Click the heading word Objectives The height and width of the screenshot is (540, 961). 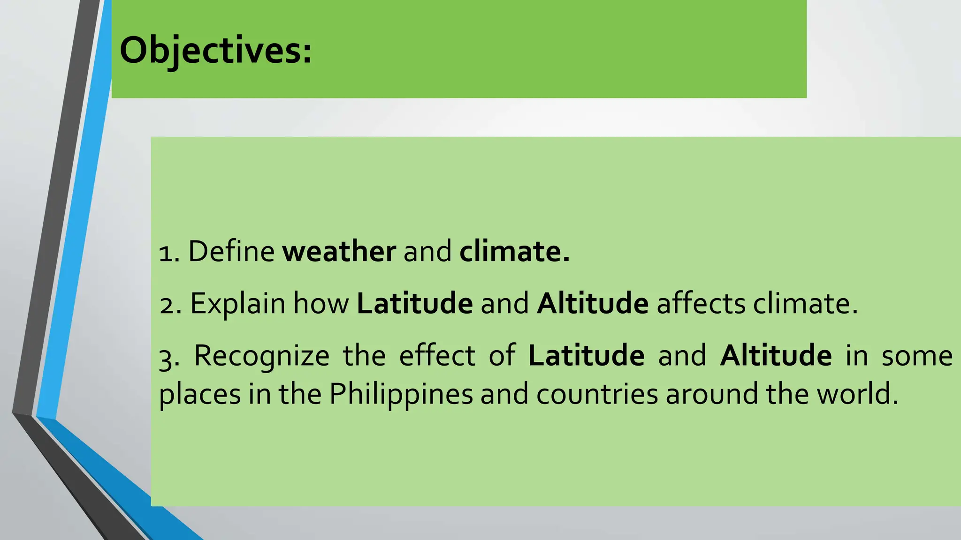pyautogui.click(x=215, y=51)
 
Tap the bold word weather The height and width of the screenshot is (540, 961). pyautogui.click(x=339, y=251)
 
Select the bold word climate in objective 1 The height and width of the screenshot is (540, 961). pyautogui.click(x=514, y=251)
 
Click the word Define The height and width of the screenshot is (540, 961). pyautogui.click(x=231, y=251)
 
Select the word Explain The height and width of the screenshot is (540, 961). pyautogui.click(x=237, y=304)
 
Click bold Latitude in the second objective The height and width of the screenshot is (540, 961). pyautogui.click(x=415, y=303)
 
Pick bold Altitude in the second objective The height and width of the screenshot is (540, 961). pyautogui.click(x=593, y=303)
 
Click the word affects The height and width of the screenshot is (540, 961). pyautogui.click(x=701, y=303)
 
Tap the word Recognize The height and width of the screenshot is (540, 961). pyautogui.click(x=261, y=356)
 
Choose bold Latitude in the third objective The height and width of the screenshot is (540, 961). pyautogui.click(x=586, y=355)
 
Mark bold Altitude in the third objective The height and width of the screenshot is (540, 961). pyautogui.click(x=776, y=355)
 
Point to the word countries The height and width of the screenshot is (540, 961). pyautogui.click(x=597, y=394)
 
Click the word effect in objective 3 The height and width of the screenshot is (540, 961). pyautogui.click(x=437, y=355)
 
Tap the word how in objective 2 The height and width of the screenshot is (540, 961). pyautogui.click(x=321, y=303)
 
